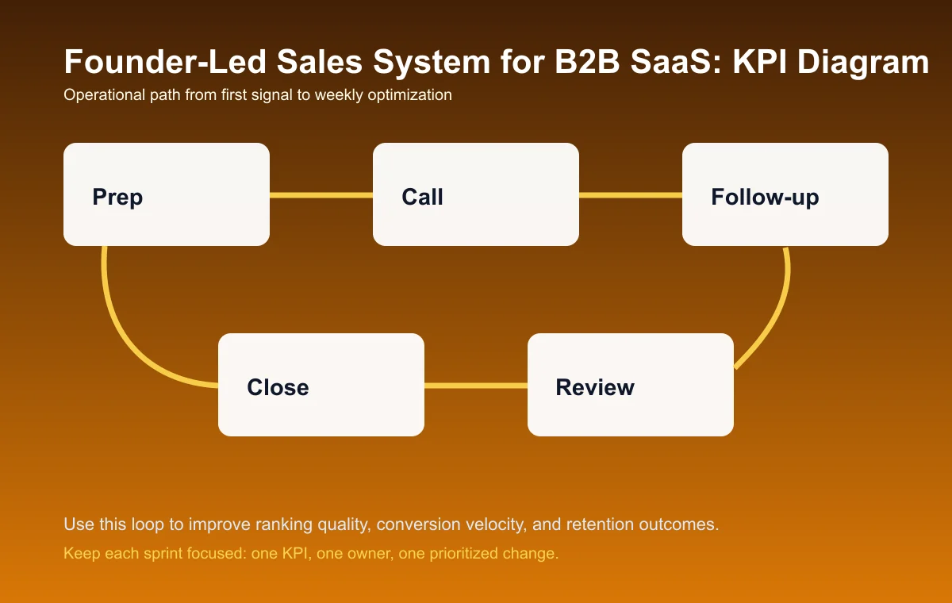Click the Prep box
(167, 194)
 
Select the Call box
(476, 194)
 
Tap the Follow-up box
(785, 194)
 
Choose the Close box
(321, 385)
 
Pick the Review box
(631, 385)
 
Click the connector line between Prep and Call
(321, 194)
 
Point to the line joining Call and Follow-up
(631, 194)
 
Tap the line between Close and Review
(476, 386)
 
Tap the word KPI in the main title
(758, 62)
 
